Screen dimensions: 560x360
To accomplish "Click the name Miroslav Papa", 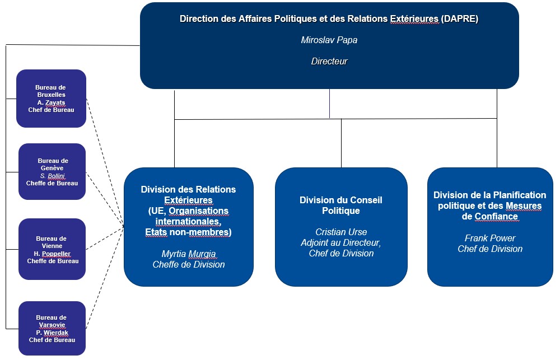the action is click(329, 40).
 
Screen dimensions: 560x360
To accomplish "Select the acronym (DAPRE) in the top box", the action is click(460, 19).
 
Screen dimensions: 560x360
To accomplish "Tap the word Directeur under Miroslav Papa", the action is click(329, 62).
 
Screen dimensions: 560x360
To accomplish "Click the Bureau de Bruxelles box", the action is click(52, 99).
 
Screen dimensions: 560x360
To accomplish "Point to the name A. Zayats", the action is click(52, 102).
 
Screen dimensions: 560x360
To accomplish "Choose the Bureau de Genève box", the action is click(52, 172).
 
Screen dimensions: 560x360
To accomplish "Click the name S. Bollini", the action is click(53, 176).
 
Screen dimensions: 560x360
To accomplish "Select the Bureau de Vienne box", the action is click(52, 249).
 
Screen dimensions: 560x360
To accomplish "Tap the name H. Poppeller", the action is click(52, 254).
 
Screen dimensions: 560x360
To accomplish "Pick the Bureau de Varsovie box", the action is click(52, 329).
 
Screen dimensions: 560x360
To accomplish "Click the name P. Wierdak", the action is click(52, 333).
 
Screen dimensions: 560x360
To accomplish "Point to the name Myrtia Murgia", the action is click(189, 254).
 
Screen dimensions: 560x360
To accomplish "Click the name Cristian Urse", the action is click(341, 232).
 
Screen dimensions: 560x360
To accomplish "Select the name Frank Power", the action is click(490, 238).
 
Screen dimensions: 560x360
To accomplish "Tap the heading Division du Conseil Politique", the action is click(341, 205).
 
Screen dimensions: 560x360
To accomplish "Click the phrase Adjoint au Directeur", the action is click(340, 243).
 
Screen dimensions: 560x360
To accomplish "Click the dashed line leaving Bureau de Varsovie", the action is click(105, 277).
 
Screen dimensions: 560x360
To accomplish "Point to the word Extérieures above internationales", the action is click(188, 200).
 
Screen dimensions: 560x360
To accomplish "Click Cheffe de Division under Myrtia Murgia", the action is click(189, 265).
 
